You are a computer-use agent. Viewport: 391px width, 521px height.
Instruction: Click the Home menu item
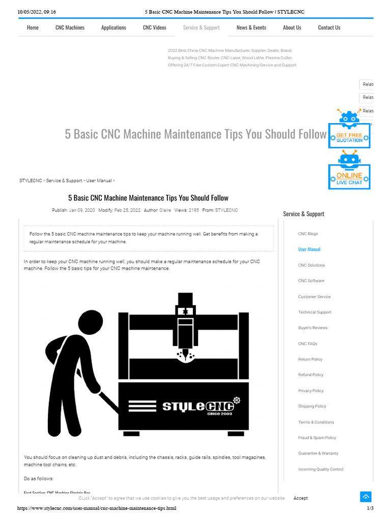tap(33, 27)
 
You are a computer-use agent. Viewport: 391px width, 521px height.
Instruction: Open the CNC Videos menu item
tap(154, 27)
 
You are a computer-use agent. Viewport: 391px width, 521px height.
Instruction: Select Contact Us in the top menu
tap(329, 27)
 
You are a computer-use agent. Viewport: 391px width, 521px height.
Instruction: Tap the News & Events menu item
tap(251, 27)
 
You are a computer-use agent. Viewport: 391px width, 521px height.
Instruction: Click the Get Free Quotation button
tap(349, 136)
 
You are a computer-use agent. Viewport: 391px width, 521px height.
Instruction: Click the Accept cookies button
tap(300, 498)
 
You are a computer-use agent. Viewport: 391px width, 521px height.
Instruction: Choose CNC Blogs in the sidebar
tap(308, 234)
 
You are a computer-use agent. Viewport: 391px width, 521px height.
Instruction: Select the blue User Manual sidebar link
tap(309, 249)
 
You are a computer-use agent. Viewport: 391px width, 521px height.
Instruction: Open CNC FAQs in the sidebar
tap(308, 343)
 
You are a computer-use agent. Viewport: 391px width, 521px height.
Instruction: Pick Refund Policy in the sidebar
tap(311, 375)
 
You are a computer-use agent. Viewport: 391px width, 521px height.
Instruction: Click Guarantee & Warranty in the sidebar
tap(318, 453)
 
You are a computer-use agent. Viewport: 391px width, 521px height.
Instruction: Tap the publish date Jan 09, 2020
tap(81, 210)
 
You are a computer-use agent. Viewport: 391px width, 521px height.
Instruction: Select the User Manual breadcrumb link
tap(99, 181)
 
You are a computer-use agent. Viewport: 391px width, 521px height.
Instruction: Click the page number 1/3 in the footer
tap(370, 508)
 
